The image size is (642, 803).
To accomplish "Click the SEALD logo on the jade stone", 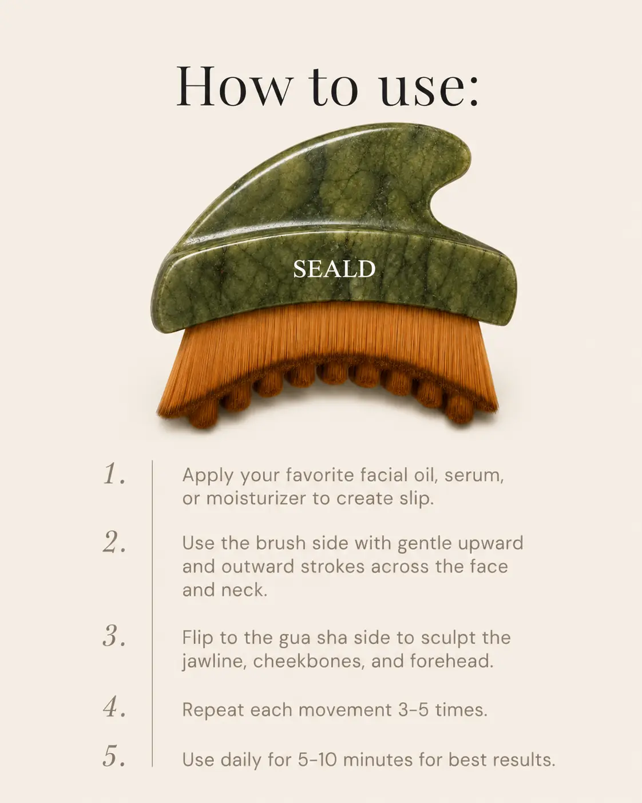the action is click(334, 269).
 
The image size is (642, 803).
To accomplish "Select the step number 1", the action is click(114, 474).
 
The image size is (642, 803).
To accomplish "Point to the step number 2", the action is click(114, 542).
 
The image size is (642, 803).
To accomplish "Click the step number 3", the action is click(114, 636).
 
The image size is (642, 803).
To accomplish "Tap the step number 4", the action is click(114, 707).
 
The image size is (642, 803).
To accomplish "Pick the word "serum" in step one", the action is click(474, 477).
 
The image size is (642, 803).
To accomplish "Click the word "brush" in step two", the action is click(281, 543).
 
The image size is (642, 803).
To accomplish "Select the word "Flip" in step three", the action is click(198, 638).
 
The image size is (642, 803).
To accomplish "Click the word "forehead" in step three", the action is click(451, 661).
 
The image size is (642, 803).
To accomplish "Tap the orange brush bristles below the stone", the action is click(328, 358).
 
